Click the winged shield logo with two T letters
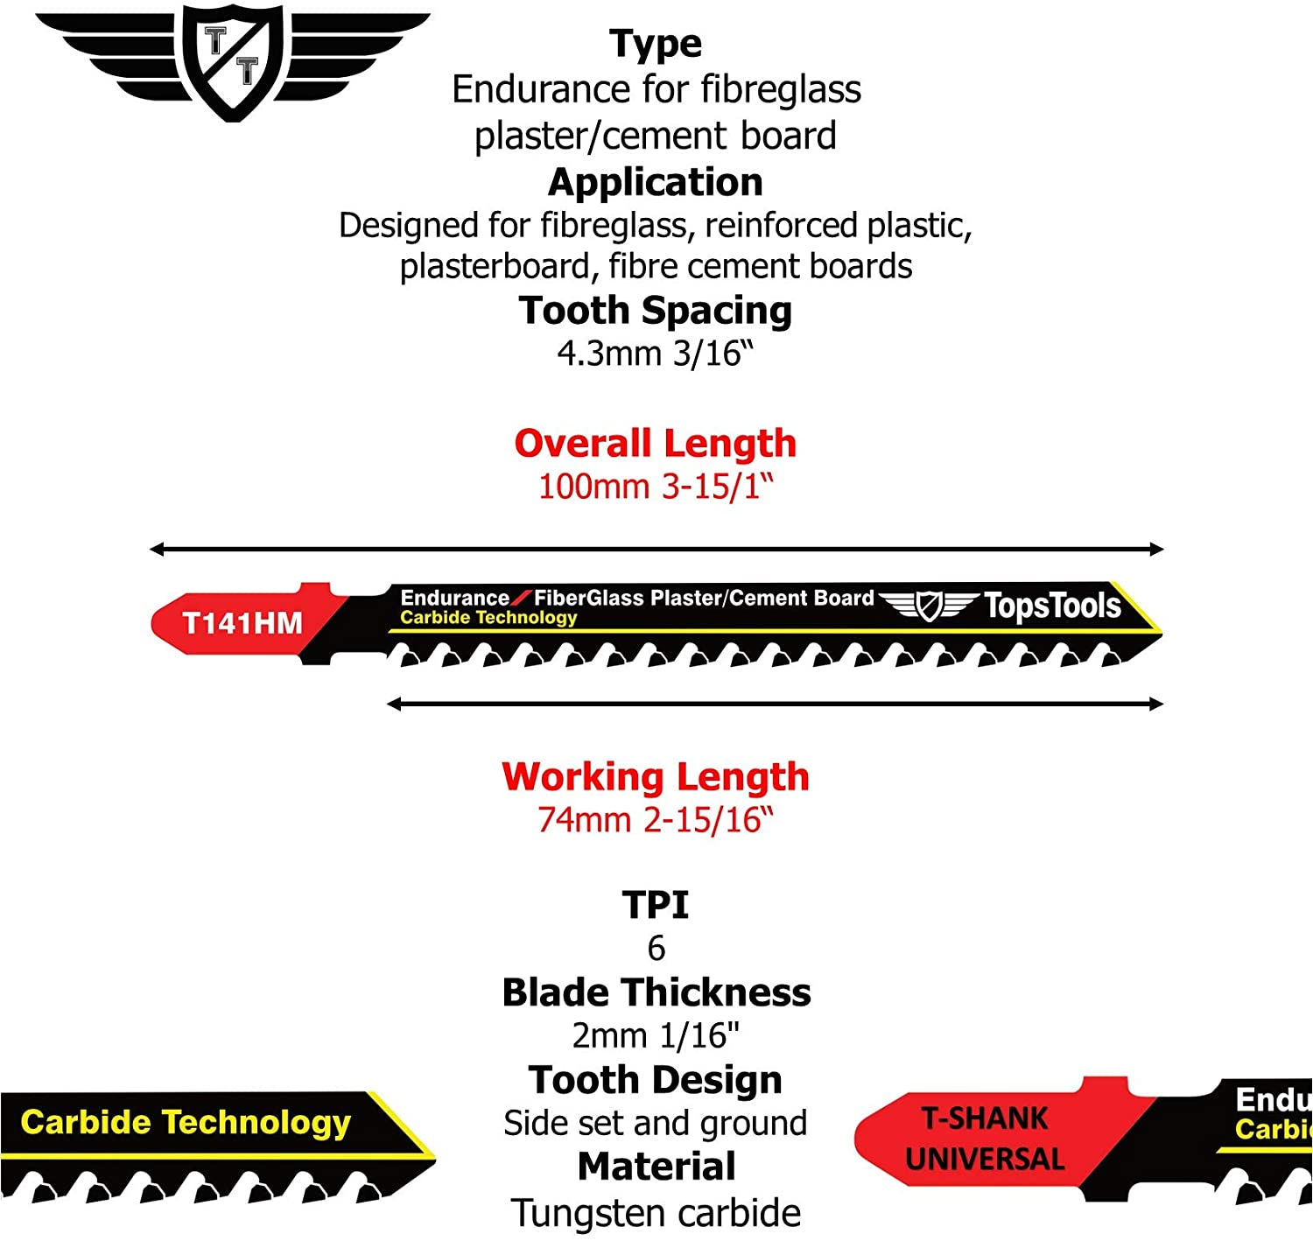tap(233, 61)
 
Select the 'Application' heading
tap(655, 183)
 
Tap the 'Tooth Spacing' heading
tap(655, 312)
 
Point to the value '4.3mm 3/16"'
tap(655, 354)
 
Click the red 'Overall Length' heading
tap(655, 443)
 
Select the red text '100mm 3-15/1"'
tap(655, 487)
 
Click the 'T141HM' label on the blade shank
tap(242, 623)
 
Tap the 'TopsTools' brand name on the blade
tap(1052, 606)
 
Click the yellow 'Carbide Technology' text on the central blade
tap(488, 617)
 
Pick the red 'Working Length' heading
tap(655, 777)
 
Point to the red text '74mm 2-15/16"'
tap(655, 819)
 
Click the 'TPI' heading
tap(655, 905)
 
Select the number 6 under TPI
tap(656, 949)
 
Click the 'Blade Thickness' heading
tap(656, 992)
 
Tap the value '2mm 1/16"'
tap(655, 1035)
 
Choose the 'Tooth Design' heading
tap(655, 1080)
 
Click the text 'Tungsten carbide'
tap(655, 1213)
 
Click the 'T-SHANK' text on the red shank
tap(985, 1118)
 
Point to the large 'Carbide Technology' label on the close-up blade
tap(185, 1123)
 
